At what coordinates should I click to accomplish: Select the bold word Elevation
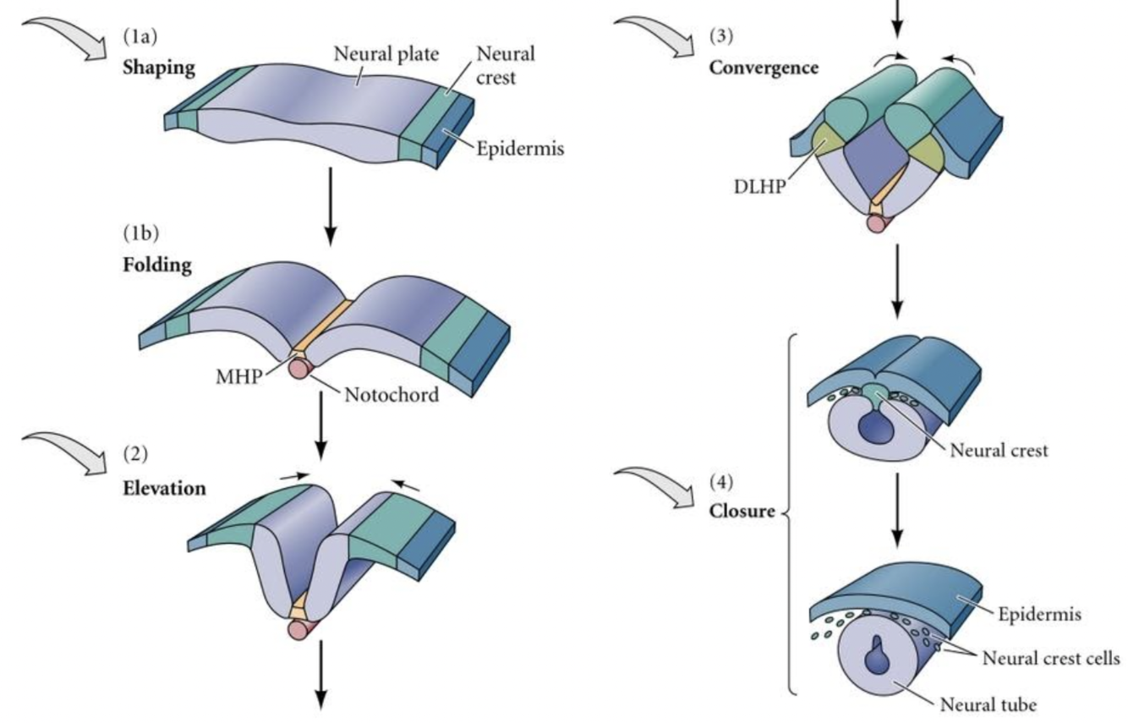(x=164, y=488)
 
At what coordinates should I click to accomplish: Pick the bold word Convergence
(x=764, y=67)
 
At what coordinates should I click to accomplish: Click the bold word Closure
(x=743, y=511)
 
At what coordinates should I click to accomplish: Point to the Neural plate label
(x=386, y=56)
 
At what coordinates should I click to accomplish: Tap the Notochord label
(x=391, y=394)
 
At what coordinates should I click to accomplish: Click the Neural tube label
(x=988, y=703)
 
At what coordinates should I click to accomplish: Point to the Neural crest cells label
(x=1051, y=657)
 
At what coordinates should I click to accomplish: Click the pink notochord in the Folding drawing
(x=300, y=369)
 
